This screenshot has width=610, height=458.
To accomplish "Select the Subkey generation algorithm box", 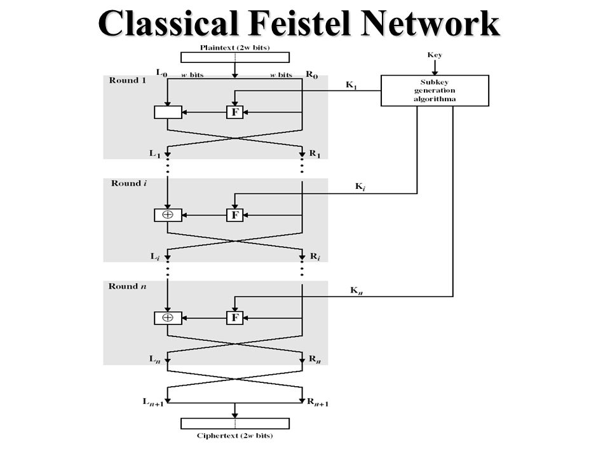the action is pos(435,90).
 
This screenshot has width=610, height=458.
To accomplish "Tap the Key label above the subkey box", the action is pos(435,55).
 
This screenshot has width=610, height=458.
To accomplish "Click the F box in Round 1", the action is pos(234,112).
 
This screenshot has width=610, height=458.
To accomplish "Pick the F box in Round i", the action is pos(234,215).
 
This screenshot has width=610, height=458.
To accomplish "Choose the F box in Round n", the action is pos(234,318).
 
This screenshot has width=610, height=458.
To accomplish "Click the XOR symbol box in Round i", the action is pos(168,215).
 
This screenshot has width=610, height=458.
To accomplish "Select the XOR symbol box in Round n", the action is pos(168,318).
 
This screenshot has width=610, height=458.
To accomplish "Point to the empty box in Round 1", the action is pos(168,112).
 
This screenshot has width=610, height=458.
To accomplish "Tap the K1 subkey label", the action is pos(351,85).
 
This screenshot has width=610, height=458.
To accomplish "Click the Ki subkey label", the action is pos(360,187).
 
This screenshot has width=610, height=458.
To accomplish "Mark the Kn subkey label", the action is pos(356,291).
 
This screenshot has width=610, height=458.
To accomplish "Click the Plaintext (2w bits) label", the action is pos(234,48).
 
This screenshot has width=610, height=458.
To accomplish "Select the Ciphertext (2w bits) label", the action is pos(234,435).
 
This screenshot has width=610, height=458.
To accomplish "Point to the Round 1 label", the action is pos(127,80).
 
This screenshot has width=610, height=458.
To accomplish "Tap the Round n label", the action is pos(127,286).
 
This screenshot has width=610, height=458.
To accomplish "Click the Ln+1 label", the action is pos(153,402).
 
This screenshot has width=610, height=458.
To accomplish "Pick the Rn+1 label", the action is pos(318,402).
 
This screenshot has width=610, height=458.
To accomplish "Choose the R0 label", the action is pos(311,74).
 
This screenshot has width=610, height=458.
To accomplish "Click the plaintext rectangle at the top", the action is pos(235,57).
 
